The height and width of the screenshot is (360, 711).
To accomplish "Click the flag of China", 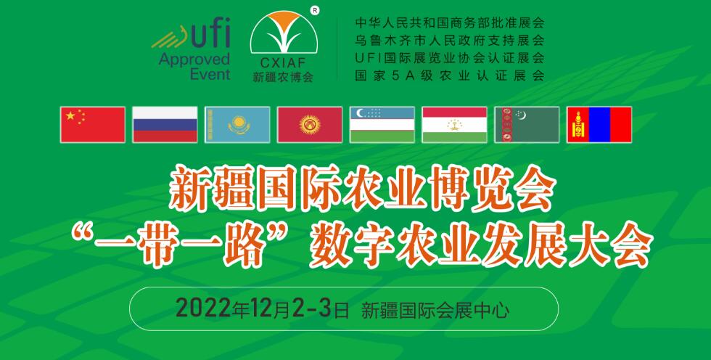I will coord(93,125).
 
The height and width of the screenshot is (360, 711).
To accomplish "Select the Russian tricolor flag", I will coord(165,125).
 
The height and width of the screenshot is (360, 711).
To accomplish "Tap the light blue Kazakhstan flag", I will coord(237,125).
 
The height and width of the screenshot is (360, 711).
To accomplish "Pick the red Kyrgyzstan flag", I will coord(310,125).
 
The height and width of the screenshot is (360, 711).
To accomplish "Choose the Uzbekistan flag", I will coord(382,125).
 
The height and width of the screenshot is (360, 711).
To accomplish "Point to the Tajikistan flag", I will coord(455,125).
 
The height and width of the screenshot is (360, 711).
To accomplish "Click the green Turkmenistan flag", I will coord(527,125).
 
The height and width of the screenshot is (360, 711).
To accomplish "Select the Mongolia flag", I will coord(599,125).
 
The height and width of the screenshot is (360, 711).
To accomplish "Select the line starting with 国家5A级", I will coord(449,75).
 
